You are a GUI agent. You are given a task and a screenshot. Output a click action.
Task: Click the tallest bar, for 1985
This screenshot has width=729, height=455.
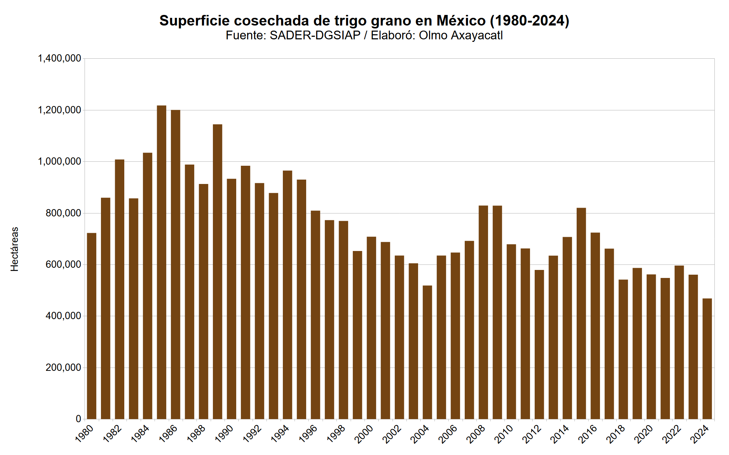pos(161,262)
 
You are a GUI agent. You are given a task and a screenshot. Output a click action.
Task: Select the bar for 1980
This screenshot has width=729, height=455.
pos(91,326)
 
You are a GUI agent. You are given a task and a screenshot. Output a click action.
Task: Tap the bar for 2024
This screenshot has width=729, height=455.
pos(707,359)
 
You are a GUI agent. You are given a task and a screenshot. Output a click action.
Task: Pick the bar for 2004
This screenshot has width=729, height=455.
pos(427,352)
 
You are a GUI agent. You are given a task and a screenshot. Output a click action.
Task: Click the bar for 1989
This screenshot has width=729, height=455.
pos(218,272)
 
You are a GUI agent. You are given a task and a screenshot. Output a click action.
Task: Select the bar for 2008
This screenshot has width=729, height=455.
pos(483,312)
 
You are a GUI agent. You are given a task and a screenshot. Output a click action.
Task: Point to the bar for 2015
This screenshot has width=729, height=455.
pos(581,313)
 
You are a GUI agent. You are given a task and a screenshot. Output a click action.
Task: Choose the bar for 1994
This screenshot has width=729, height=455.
pos(288,295)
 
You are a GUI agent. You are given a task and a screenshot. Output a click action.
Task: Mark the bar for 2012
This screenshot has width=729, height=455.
pos(539,344)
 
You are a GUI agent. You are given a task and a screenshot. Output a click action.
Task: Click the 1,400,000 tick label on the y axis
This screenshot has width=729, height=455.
pos(59,58)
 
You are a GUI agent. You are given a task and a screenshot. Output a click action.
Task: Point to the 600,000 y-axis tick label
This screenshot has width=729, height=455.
pos(63,264)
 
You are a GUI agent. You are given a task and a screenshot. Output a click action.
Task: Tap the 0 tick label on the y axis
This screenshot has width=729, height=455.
pos(78,419)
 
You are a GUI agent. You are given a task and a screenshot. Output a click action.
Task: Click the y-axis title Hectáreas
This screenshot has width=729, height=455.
pos(15,249)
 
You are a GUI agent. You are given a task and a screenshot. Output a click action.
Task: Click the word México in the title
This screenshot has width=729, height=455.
pos(461,21)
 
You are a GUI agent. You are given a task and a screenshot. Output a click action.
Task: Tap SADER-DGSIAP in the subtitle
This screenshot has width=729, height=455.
pos(315,35)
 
